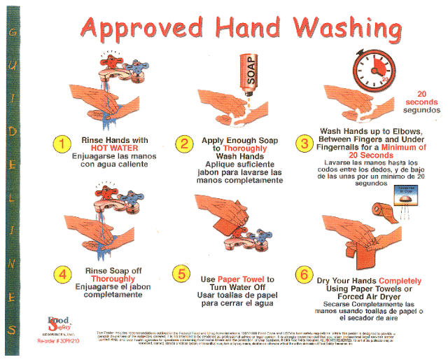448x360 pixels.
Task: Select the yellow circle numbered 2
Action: click(185, 145)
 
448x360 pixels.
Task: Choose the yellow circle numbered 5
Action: click(184, 274)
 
